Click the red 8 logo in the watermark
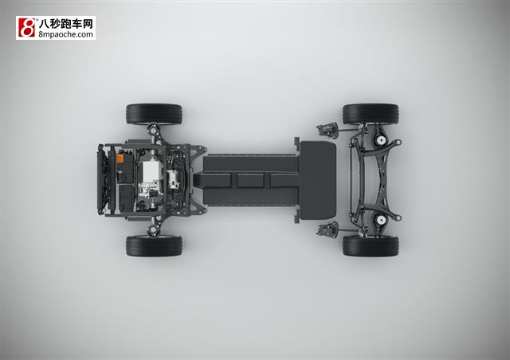pyautogui.click(x=26, y=28)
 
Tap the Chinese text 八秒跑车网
pyautogui.click(x=66, y=24)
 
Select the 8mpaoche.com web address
pyautogui.click(x=65, y=34)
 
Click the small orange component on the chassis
pyautogui.click(x=120, y=158)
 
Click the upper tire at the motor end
pyautogui.click(x=154, y=114)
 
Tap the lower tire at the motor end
pyautogui.click(x=154, y=246)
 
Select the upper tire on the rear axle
pyautogui.click(x=371, y=114)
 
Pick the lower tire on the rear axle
pyautogui.click(x=371, y=246)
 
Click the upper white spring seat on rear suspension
pyautogui.click(x=380, y=140)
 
